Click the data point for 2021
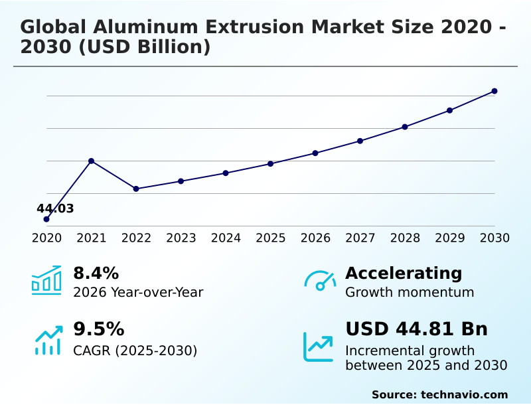tap(91, 161)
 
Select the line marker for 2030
tap(494, 91)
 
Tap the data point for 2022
tap(136, 189)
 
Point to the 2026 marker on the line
tap(315, 153)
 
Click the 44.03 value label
tap(55, 209)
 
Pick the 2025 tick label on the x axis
tap(271, 238)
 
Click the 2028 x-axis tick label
tap(405, 238)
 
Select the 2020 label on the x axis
tap(46, 238)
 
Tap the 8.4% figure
tap(96, 273)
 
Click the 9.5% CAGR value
tap(98, 329)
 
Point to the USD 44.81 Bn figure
tap(416, 329)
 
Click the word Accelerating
tap(404, 273)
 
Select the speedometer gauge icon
tap(320, 281)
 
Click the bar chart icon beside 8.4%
tap(46, 280)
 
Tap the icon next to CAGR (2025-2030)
tap(48, 340)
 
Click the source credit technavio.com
tap(464, 394)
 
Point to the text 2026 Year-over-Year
tap(138, 292)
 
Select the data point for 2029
tap(450, 110)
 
